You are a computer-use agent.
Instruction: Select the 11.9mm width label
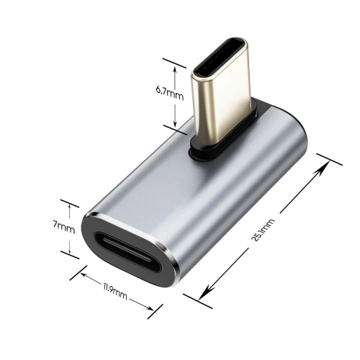tap(114, 293)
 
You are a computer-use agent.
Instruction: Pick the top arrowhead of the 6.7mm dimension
tap(175, 64)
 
